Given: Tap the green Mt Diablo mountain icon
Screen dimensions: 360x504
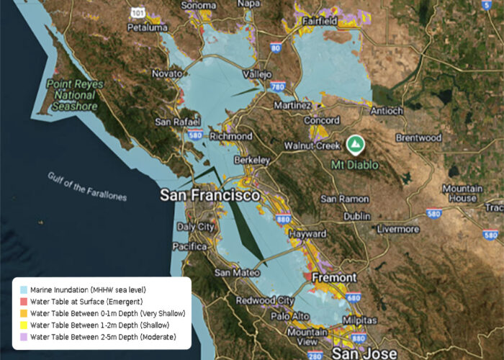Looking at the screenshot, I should pos(354,144).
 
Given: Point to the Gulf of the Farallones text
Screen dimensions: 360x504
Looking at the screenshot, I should pos(87,186).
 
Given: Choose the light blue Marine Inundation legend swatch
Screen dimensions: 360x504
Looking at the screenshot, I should pos(23,289).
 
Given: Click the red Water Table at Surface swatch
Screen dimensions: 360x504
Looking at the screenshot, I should pos(23,301).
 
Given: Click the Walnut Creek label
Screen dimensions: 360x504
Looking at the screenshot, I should pos(312,145).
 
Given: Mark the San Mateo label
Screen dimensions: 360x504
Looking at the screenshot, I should pos(233,273).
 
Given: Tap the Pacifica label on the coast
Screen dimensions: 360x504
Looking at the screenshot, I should pos(191,246).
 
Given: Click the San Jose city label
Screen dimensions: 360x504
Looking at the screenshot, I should pos(364,353).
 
